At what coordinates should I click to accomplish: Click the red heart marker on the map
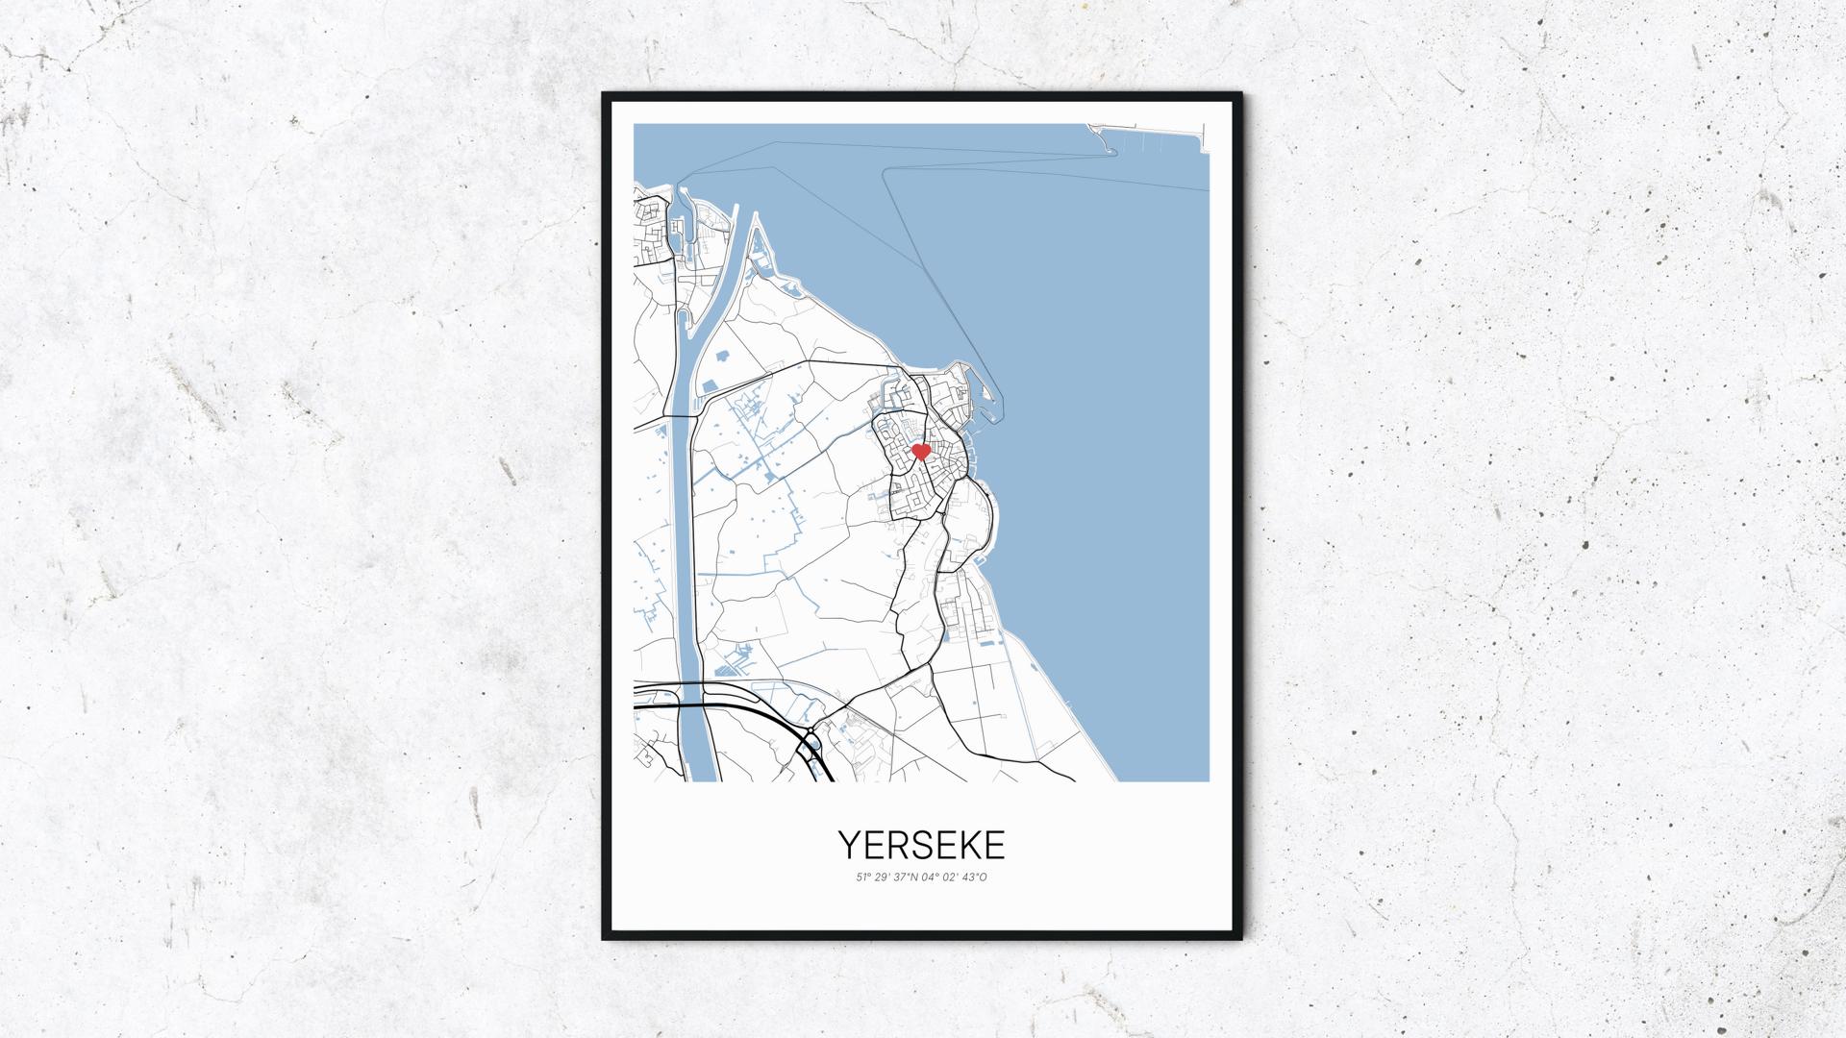coord(920,451)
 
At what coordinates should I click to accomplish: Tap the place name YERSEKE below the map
coord(922,845)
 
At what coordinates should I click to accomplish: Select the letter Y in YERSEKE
coord(849,845)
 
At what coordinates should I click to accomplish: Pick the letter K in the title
coord(972,845)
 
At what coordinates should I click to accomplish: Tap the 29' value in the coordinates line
coord(884,877)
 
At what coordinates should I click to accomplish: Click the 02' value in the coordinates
coord(952,877)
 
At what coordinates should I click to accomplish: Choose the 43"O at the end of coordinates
coord(975,877)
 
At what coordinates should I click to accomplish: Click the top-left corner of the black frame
coord(603,93)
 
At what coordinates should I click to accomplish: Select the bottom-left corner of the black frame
coord(603,939)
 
